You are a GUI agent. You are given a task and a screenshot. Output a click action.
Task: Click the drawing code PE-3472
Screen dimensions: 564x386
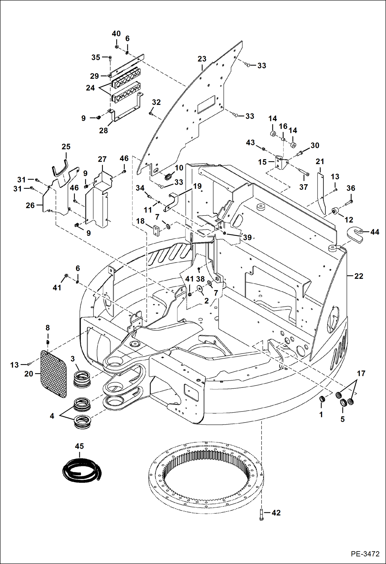pos(365,554)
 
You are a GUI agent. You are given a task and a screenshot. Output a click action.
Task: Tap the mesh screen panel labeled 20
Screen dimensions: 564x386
pos(54,374)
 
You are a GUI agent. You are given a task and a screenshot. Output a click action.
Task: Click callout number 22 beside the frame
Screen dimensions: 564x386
pos(358,276)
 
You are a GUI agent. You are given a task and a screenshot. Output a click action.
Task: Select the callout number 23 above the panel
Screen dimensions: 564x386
pos(202,59)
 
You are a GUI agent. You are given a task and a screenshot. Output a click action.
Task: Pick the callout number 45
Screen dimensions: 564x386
pos(79,446)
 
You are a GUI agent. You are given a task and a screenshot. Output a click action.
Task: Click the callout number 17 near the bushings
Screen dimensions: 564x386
pos(361,373)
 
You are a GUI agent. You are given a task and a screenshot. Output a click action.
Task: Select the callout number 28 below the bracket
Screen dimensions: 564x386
pos(103,131)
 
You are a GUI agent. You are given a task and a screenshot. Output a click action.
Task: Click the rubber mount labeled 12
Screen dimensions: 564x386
pos(335,211)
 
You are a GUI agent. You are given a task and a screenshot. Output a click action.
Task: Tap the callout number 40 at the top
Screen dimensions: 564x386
pos(116,34)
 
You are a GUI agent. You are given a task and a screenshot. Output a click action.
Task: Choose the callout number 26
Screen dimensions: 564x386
pos(30,205)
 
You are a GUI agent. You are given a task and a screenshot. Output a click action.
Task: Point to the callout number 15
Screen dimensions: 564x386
pos(262,162)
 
